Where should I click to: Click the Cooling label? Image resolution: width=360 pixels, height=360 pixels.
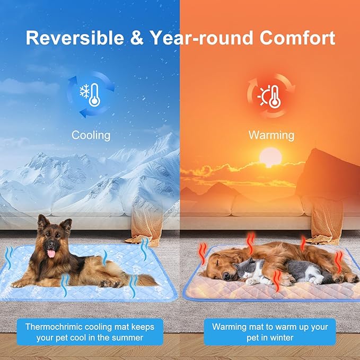91,135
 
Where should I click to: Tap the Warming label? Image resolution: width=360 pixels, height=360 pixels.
271,135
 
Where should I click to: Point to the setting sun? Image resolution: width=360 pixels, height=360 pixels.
270,157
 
